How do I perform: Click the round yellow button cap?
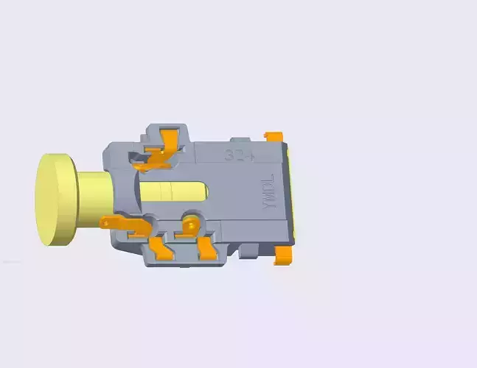point(57,199)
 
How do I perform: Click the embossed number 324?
point(239,156)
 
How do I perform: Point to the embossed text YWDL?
point(268,193)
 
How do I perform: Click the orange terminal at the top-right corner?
point(274,136)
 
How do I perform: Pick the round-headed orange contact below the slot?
point(191,224)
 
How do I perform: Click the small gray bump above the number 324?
point(240,139)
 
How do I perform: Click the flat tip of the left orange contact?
point(105,221)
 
